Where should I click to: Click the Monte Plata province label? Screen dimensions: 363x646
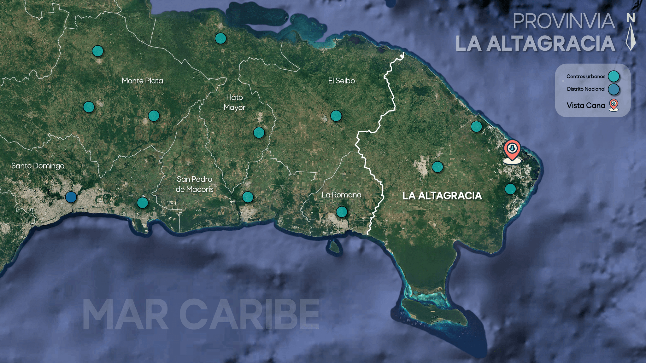click(142, 81)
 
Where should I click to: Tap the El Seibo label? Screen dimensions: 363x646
click(341, 81)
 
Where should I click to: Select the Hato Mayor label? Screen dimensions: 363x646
click(234, 102)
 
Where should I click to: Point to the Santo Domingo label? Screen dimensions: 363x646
click(38, 166)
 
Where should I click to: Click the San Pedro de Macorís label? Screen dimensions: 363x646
click(194, 184)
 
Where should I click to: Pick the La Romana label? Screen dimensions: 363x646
click(341, 195)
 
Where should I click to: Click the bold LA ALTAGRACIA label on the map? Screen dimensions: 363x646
click(442, 196)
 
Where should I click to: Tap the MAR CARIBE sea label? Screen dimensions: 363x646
click(201, 314)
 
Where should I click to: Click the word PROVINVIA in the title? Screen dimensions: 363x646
click(564, 21)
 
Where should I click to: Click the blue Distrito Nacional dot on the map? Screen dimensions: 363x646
click(71, 197)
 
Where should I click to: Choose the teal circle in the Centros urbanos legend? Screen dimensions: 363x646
click(614, 76)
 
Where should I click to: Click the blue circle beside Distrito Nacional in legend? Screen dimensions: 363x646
click(614, 89)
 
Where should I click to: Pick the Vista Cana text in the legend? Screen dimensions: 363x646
click(586, 106)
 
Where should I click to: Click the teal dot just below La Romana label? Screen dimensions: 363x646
click(341, 212)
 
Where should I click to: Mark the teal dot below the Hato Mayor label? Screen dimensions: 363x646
click(259, 133)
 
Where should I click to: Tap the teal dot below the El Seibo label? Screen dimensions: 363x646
click(336, 116)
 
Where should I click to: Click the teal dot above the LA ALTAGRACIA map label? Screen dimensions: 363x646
click(437, 167)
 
